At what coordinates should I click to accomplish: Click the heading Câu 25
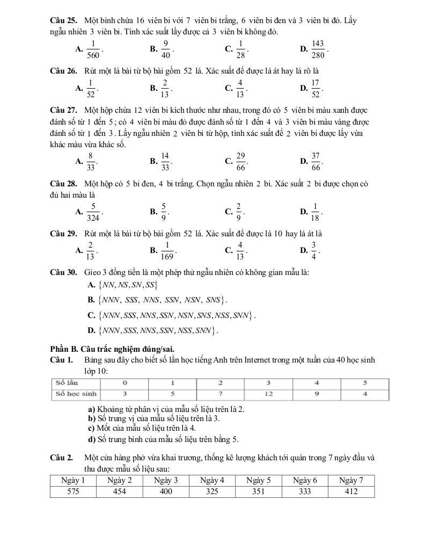61,21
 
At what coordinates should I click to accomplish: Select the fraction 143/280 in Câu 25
318,49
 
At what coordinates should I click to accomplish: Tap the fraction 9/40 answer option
166,49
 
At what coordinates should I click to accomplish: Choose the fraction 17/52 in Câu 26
316,88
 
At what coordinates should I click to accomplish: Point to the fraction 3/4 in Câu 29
315,251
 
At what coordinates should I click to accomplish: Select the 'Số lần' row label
65,383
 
